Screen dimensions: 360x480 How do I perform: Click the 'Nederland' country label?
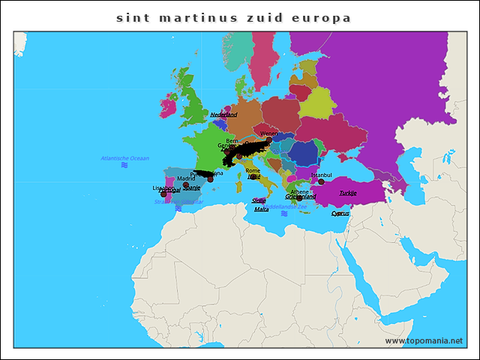click(x=223, y=115)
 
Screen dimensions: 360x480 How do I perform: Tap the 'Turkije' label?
click(x=348, y=193)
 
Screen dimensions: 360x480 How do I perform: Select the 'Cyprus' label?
click(x=340, y=213)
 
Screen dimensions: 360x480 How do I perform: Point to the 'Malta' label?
click(x=261, y=209)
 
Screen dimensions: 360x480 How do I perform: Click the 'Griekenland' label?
click(x=300, y=196)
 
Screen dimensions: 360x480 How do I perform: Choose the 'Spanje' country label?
click(x=192, y=187)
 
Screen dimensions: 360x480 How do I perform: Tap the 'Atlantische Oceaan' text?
click(x=125, y=158)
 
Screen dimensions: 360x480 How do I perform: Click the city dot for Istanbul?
click(x=321, y=181)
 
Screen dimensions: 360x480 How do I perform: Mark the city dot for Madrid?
click(x=186, y=184)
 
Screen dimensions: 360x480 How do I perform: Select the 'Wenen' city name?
click(x=268, y=133)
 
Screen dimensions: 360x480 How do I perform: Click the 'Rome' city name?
click(x=253, y=170)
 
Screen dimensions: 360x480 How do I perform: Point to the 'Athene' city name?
click(x=299, y=191)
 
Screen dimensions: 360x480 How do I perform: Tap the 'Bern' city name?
click(x=232, y=140)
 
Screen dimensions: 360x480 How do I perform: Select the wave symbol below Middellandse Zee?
click(x=284, y=214)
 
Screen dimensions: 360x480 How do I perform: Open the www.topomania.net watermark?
click(x=424, y=340)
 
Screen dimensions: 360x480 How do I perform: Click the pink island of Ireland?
click(x=167, y=105)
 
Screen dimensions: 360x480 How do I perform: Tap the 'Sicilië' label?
click(x=259, y=200)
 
